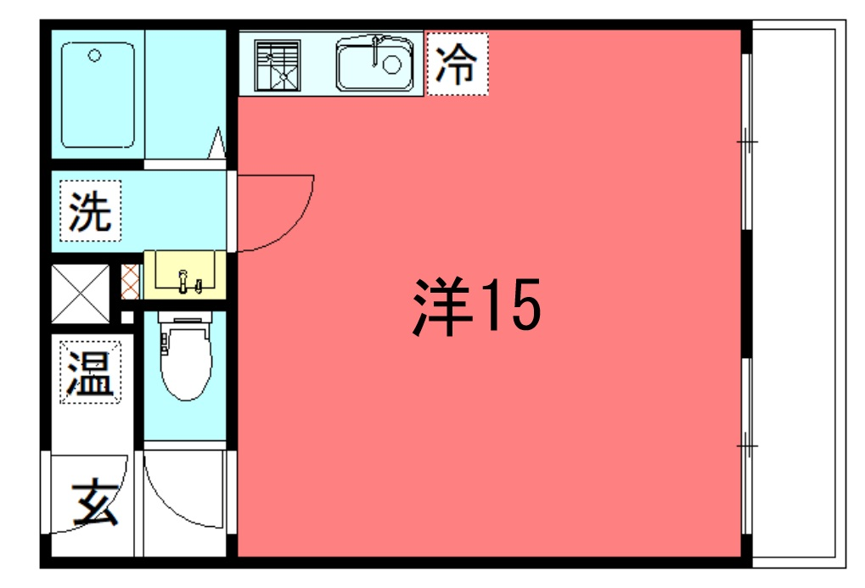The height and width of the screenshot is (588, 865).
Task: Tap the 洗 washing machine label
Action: click(x=90, y=210)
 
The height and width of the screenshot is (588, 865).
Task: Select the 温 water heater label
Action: click(x=90, y=372)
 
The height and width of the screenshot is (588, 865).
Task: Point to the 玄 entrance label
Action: click(x=94, y=501)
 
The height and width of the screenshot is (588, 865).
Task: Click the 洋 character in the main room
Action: click(x=442, y=305)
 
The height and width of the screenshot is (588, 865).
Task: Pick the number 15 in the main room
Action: click(x=511, y=305)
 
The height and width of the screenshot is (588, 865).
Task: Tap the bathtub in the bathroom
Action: click(x=98, y=95)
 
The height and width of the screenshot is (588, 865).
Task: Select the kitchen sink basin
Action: click(x=375, y=64)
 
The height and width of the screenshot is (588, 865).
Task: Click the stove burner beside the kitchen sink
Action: click(x=278, y=65)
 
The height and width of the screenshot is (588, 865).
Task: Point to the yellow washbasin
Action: click(x=185, y=275)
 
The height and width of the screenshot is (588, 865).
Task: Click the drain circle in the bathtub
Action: click(x=95, y=55)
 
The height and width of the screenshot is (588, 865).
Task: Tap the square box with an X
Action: click(x=81, y=294)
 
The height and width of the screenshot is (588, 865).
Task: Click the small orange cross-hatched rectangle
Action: click(x=130, y=282)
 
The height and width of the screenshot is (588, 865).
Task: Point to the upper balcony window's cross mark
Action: click(x=747, y=143)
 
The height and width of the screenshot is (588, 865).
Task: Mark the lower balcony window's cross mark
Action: click(x=747, y=445)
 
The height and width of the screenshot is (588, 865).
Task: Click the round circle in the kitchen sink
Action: click(x=391, y=64)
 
